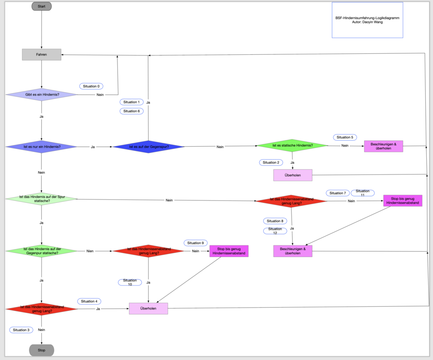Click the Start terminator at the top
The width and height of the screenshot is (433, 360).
(41, 6)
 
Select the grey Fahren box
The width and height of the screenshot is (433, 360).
(41, 54)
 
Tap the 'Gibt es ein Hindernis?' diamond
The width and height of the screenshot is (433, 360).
(41, 95)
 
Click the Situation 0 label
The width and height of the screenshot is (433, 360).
(91, 86)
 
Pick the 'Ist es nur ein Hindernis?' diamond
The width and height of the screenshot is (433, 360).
(41, 147)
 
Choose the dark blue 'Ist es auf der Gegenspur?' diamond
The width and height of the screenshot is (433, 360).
(149, 147)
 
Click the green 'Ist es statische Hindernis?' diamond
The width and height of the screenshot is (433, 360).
(292, 145)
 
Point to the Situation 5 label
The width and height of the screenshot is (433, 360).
(345, 137)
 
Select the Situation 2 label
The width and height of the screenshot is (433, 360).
(270, 162)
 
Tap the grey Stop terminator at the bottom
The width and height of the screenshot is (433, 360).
(41, 350)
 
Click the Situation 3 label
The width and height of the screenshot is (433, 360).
(21, 330)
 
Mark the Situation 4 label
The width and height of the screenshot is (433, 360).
(89, 301)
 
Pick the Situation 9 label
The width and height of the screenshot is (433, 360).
(195, 243)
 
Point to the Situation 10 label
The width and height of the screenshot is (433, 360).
(130, 282)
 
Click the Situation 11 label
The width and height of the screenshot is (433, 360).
(363, 193)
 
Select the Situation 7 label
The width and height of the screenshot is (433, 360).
(338, 193)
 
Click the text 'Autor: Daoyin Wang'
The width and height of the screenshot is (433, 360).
(367, 22)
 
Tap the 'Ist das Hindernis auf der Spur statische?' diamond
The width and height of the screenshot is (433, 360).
(41, 199)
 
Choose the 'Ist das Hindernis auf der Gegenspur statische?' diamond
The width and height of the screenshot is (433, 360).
(41, 251)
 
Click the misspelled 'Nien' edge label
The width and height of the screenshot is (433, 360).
(90, 251)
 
